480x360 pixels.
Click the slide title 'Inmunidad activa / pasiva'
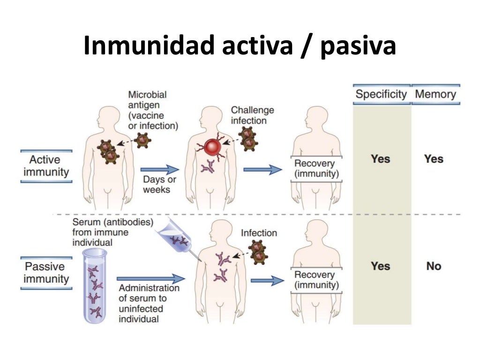(x=240, y=46)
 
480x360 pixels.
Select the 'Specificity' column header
(x=381, y=94)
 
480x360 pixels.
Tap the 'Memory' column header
(x=435, y=94)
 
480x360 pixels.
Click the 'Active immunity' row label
(x=46, y=166)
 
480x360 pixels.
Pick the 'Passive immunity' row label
(x=46, y=273)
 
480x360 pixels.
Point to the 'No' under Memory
(x=434, y=266)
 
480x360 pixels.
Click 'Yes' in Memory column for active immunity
(x=434, y=159)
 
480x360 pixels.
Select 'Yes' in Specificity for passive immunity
(x=380, y=266)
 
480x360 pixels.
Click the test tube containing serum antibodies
(x=95, y=286)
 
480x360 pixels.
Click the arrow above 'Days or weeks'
(x=160, y=170)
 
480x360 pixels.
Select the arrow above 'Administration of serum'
(x=151, y=279)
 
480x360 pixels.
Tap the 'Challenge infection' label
(x=252, y=115)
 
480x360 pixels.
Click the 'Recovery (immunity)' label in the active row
(x=314, y=169)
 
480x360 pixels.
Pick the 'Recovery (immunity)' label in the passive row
(x=314, y=280)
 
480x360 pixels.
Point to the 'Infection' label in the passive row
(x=259, y=233)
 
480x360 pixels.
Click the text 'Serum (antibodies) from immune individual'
(x=112, y=232)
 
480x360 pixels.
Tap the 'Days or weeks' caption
(x=160, y=185)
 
